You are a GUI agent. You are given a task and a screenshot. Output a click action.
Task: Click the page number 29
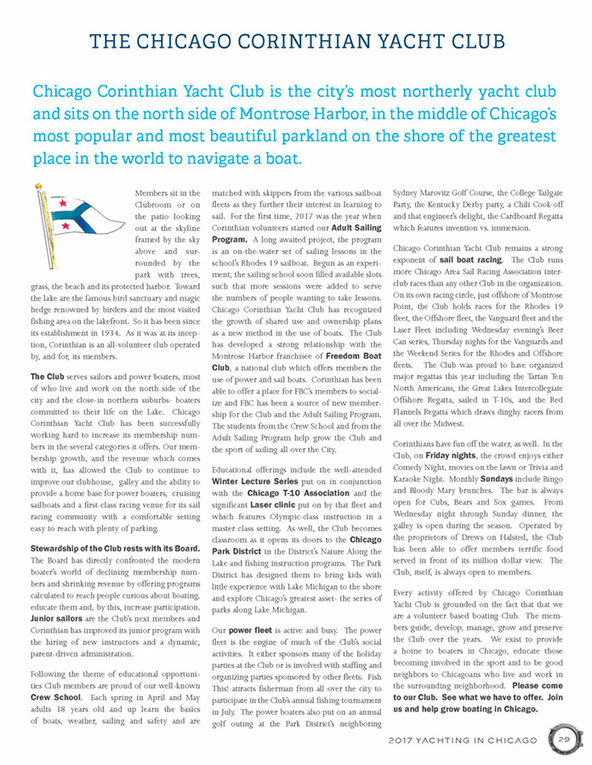(x=563, y=739)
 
